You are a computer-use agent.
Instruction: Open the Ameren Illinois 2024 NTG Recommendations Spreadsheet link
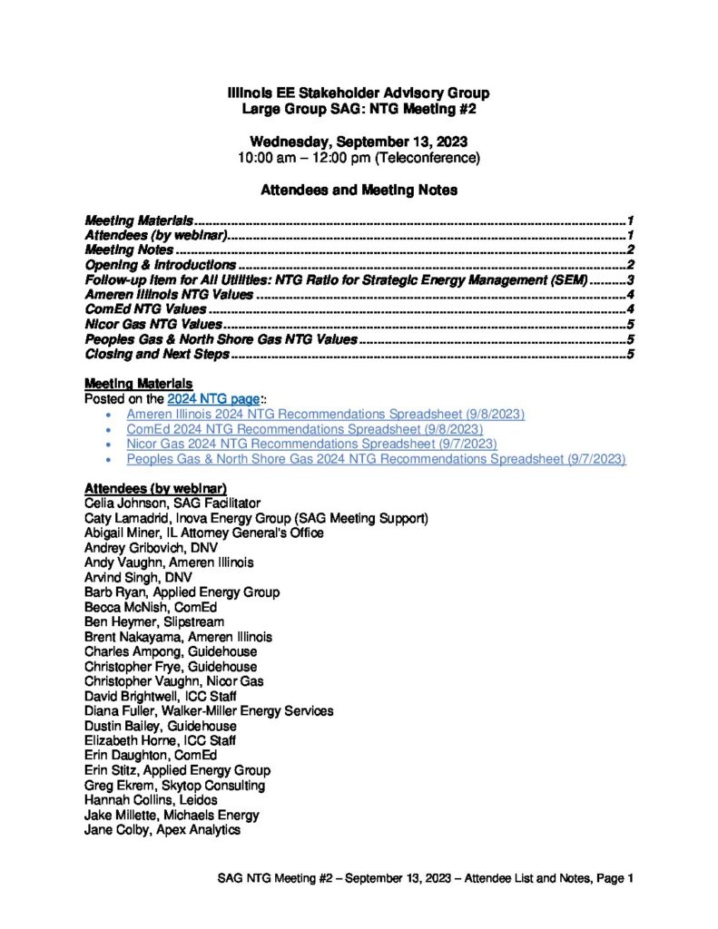point(326,414)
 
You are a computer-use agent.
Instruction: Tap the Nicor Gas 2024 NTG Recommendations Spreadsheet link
point(311,444)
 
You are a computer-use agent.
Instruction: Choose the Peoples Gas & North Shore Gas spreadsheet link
point(376,459)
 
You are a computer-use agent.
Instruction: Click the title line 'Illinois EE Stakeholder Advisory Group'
point(359,93)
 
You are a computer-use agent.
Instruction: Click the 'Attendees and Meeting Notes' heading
point(359,191)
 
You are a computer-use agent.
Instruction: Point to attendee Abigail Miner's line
point(203,533)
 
